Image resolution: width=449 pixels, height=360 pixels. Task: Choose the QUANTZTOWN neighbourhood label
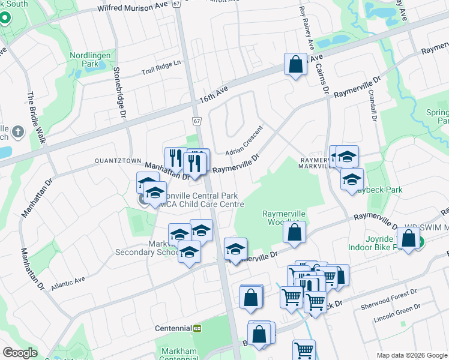pos(116,161)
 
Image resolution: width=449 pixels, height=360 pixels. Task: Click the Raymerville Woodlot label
pos(284,218)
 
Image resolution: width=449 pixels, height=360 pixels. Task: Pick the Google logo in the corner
pos(20,353)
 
